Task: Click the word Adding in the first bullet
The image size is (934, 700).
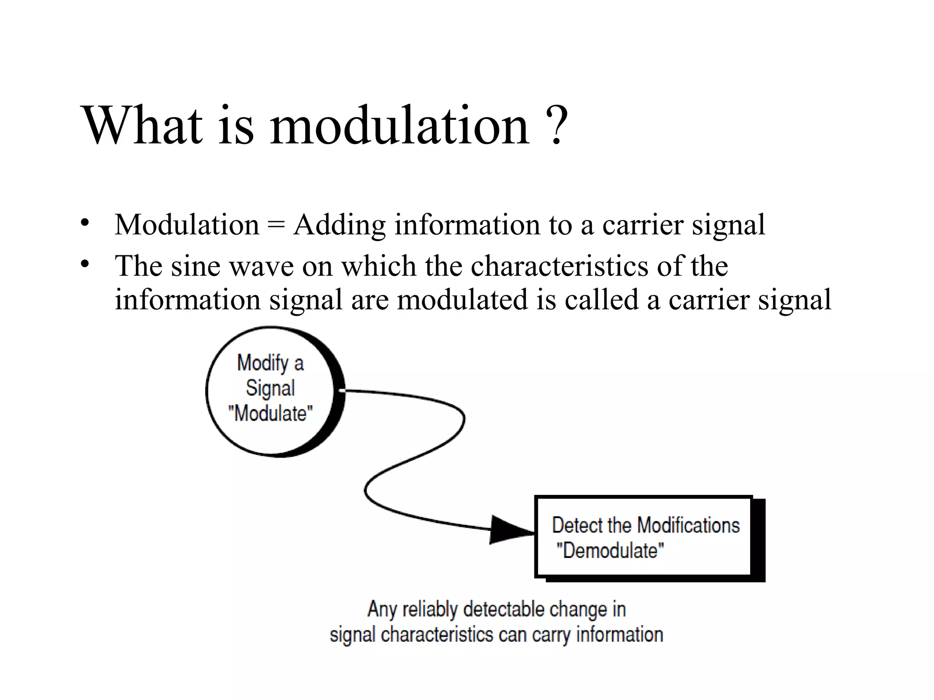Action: click(x=339, y=225)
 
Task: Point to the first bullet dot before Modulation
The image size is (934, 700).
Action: click(x=84, y=223)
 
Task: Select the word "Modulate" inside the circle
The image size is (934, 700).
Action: click(x=270, y=414)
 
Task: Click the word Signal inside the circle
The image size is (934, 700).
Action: click(x=270, y=388)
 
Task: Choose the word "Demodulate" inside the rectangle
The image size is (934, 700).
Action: click(x=610, y=551)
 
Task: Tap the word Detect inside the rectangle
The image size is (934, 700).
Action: click(x=577, y=525)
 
